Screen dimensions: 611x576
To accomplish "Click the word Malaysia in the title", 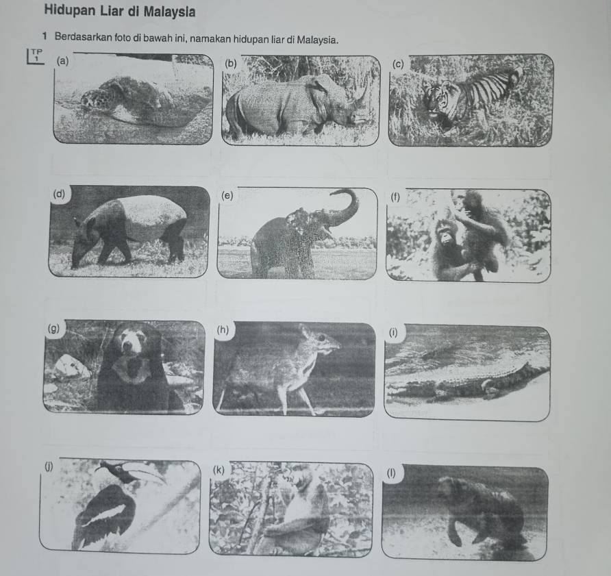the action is click(x=169, y=12).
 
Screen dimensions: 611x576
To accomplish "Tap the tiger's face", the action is click(x=436, y=100).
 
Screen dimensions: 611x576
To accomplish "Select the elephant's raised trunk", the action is click(x=343, y=208).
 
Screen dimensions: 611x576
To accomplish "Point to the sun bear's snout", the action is click(x=127, y=346).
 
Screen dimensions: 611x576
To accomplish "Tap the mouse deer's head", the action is click(x=321, y=339).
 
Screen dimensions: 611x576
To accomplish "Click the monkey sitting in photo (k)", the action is click(x=300, y=514).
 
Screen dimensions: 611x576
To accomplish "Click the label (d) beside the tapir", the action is click(x=59, y=193).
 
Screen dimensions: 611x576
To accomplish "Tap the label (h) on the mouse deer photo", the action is click(x=223, y=329).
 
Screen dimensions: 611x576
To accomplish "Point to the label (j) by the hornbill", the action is click(x=49, y=466).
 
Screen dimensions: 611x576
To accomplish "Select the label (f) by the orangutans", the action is click(x=395, y=197).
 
